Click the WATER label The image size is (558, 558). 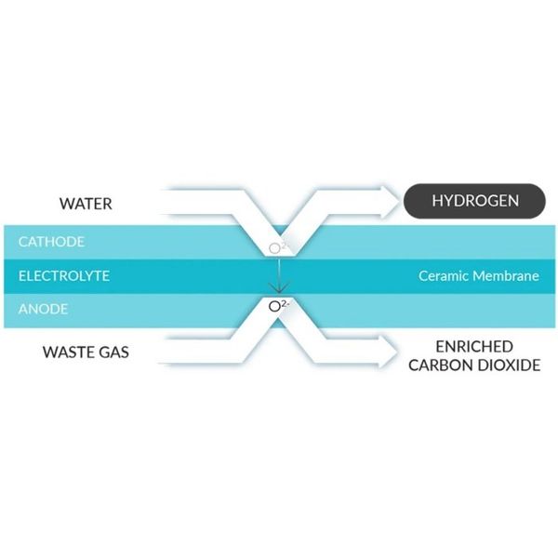tap(86, 204)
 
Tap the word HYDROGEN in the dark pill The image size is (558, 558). tap(475, 201)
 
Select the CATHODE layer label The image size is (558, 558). tap(51, 242)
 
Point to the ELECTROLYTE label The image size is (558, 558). tap(64, 276)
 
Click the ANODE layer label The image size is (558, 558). tap(43, 309)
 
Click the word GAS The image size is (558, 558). tap(114, 352)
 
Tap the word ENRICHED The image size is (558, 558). tap(474, 347)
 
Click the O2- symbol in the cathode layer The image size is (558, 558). tap(279, 247)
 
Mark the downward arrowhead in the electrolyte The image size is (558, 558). tap(279, 287)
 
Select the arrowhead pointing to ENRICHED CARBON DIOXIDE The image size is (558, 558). tap(388, 352)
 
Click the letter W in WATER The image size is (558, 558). tap(66, 204)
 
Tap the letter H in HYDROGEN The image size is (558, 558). tap(437, 201)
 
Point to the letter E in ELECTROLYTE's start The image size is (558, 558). tap(22, 276)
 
